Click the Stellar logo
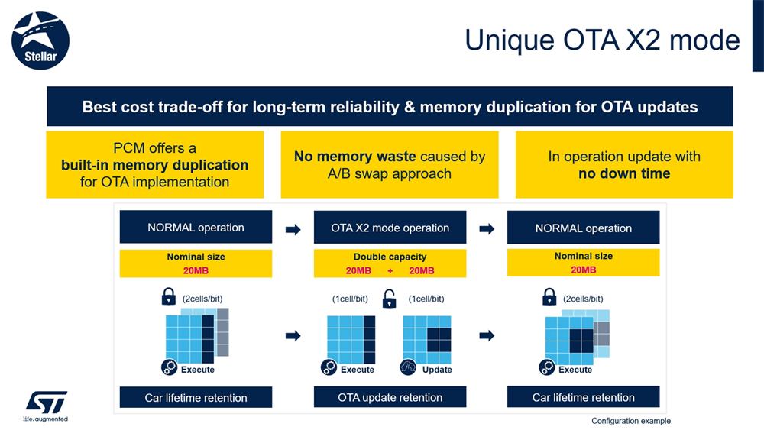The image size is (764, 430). pyautogui.click(x=40, y=40)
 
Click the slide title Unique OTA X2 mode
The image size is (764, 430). pyautogui.click(x=602, y=40)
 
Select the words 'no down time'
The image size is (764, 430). pyautogui.click(x=624, y=173)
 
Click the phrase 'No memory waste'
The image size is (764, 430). pyautogui.click(x=354, y=157)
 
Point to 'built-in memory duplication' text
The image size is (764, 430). pyautogui.click(x=154, y=165)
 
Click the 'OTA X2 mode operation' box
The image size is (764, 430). pyautogui.click(x=390, y=228)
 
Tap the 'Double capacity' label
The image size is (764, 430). pyautogui.click(x=390, y=257)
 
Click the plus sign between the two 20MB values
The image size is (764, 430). pyautogui.click(x=390, y=271)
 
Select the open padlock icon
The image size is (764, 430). pyautogui.click(x=389, y=299)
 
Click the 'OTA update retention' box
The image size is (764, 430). pyautogui.click(x=390, y=397)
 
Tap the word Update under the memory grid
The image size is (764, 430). pyautogui.click(x=437, y=370)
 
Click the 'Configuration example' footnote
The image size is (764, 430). pyautogui.click(x=631, y=421)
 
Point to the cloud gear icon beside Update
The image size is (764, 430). pyautogui.click(x=408, y=367)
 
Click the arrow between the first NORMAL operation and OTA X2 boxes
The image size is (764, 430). pyautogui.click(x=293, y=229)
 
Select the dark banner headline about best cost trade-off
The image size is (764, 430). pyautogui.click(x=390, y=107)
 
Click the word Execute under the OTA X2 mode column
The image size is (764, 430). pyautogui.click(x=357, y=370)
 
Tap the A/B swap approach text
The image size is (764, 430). pyautogui.click(x=390, y=174)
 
